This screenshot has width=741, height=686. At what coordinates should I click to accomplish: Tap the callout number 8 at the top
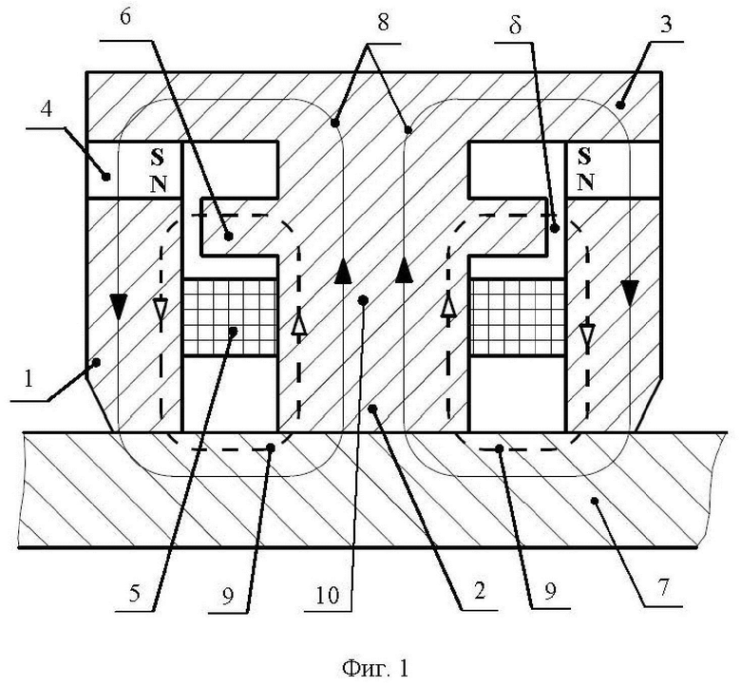click(x=383, y=22)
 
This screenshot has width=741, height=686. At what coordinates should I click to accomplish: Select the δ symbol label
click(x=515, y=25)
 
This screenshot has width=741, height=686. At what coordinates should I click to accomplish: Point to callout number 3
click(x=665, y=23)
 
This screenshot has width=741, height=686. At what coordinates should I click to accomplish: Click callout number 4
click(x=47, y=109)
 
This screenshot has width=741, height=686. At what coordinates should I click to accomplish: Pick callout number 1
click(x=28, y=379)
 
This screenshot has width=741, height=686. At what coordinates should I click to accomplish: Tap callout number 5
click(x=135, y=593)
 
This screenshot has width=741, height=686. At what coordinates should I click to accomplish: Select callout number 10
click(x=327, y=595)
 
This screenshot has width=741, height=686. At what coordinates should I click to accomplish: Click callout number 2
click(x=479, y=591)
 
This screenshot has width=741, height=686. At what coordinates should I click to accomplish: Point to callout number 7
click(x=663, y=588)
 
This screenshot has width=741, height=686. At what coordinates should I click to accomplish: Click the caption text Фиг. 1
click(x=375, y=669)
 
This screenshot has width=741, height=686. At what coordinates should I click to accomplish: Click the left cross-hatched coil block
click(x=230, y=317)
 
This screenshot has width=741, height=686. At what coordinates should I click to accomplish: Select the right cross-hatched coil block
click(x=517, y=317)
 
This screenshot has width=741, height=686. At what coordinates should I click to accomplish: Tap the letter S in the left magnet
click(x=158, y=158)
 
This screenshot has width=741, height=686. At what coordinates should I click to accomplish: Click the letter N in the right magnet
click(x=585, y=181)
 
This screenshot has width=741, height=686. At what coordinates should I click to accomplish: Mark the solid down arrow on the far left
click(x=119, y=306)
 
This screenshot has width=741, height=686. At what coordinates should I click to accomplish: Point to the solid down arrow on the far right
click(x=630, y=293)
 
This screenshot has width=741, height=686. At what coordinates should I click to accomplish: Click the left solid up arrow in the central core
click(x=343, y=271)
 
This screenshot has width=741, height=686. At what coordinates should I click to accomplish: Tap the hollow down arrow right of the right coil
click(x=587, y=334)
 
